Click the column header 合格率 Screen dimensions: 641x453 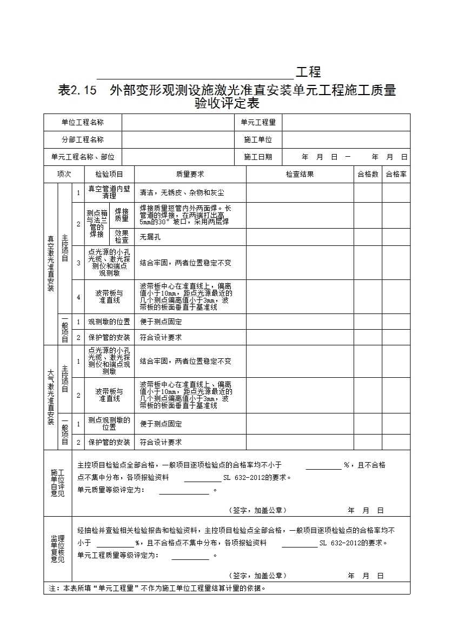396,174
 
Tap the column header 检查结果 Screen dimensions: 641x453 299,174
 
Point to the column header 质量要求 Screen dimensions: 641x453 190,174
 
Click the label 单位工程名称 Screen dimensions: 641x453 82,123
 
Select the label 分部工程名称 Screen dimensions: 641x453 82,139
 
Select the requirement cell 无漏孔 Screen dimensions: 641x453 150,237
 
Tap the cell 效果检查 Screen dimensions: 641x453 122,237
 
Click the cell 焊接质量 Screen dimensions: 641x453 122,215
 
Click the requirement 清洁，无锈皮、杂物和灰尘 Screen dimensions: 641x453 182,192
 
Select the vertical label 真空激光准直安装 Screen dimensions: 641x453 51,263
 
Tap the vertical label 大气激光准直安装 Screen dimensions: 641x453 51,397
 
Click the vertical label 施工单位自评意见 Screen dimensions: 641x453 58,483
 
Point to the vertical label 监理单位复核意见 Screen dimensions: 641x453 58,549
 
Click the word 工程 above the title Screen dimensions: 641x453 308,72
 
